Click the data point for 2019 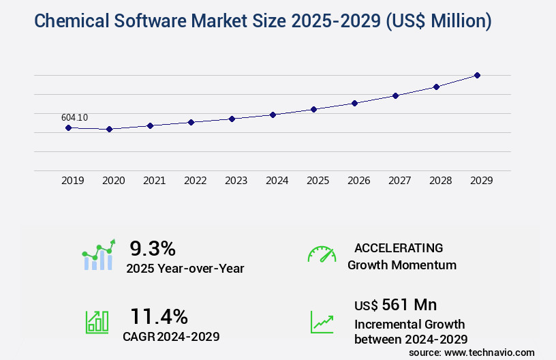[68, 127]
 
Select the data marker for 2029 [477, 75]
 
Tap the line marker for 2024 [273, 115]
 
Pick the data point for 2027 [395, 95]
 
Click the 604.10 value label [74, 117]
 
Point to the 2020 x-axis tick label [113, 181]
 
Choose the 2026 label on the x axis [358, 181]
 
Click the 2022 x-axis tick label [195, 181]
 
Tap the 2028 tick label [440, 181]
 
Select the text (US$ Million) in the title [438, 21]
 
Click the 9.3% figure [153, 248]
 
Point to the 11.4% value [159, 316]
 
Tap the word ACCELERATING [399, 248]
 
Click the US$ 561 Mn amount [396, 304]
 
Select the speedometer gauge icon [322, 254]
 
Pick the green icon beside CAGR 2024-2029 [97, 322]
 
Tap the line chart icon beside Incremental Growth [322, 322]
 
